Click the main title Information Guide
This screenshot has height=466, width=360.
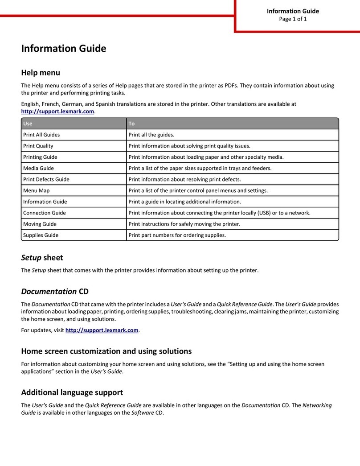63,49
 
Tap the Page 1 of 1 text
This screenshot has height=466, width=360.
293,19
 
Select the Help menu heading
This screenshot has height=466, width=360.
41,72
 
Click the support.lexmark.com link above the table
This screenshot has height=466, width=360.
58,111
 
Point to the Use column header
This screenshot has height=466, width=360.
28,124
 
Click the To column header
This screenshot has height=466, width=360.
131,124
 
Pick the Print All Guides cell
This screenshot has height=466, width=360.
41,135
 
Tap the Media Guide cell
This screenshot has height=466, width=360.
38,168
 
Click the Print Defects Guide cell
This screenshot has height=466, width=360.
46,179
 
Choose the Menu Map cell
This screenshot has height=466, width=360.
36,190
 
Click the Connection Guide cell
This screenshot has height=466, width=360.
45,213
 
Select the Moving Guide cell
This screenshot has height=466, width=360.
40,224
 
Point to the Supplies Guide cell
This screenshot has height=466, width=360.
41,235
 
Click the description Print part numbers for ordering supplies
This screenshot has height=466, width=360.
177,235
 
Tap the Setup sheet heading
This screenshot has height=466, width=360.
42,258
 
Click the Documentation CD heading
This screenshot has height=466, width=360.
55,292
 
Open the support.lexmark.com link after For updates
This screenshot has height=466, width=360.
102,330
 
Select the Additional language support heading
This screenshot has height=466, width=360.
72,393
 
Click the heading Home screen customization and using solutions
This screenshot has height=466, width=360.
106,351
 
